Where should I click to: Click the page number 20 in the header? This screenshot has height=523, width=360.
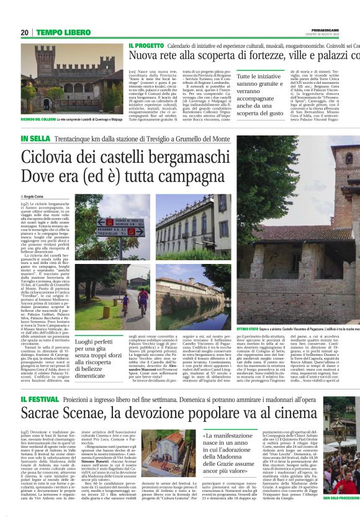click(x=24, y=32)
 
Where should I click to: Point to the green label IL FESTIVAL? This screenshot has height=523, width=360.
click(x=42, y=398)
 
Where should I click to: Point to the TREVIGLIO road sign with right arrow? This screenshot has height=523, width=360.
click(x=120, y=232)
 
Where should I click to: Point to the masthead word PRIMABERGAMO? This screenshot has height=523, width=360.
click(x=341, y=29)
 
